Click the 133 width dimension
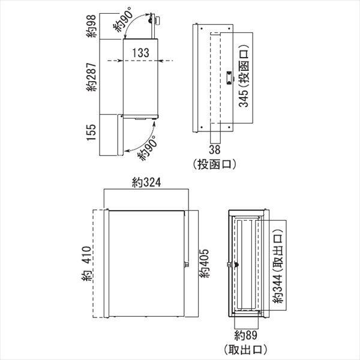tap(140, 53)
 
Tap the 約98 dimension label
tap(91, 26)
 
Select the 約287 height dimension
tap(92, 77)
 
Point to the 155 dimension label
tap(91, 133)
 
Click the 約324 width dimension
tap(146, 182)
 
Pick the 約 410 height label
tap(87, 263)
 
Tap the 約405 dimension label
tap(204, 263)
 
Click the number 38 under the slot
tap(215, 149)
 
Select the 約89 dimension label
tap(245, 335)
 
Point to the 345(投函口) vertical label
tap(244, 76)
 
